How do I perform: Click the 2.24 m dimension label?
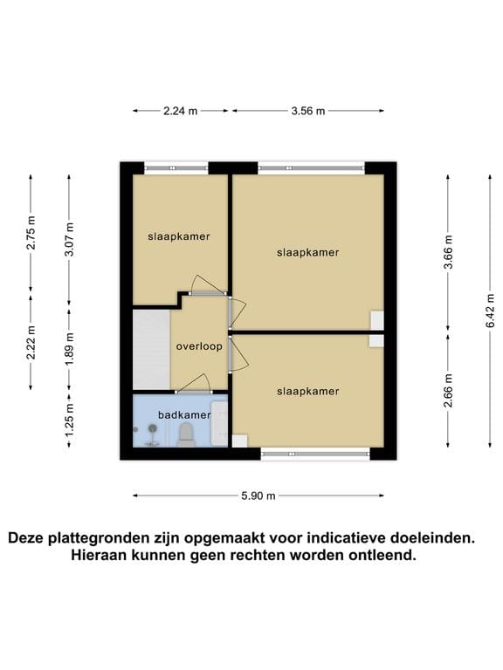(180, 111)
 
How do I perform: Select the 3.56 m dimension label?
(308, 111)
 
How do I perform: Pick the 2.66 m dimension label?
(448, 391)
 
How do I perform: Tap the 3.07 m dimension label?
(70, 240)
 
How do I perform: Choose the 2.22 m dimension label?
(31, 342)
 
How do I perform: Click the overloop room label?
(198, 346)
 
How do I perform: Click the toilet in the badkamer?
(185, 434)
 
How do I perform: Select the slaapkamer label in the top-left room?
(179, 236)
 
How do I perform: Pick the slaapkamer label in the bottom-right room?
(307, 391)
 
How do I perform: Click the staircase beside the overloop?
(151, 349)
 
